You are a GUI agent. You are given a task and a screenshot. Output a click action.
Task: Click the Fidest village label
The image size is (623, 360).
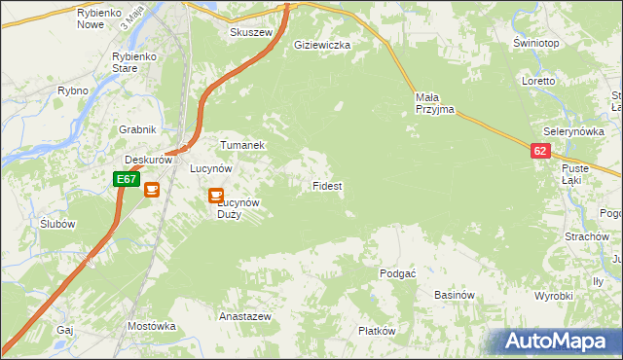click(326, 185)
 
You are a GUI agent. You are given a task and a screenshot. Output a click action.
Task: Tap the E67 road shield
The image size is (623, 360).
click(125, 179)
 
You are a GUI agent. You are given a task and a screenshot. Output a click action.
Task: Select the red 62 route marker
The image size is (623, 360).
click(541, 151)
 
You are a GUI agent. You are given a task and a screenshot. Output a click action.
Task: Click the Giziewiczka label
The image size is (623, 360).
click(322, 45)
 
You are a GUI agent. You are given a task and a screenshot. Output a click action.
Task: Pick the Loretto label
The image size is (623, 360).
click(537, 81)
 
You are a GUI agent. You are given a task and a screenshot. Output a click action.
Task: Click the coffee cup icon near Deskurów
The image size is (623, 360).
click(153, 190)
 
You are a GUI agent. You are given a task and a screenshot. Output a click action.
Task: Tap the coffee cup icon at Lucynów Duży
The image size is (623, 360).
click(216, 196)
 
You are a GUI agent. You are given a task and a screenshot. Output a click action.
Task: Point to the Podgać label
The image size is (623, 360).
click(398, 273)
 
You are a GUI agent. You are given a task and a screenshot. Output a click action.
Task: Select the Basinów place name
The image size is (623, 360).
click(454, 295)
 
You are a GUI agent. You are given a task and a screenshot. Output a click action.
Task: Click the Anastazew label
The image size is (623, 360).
click(244, 317)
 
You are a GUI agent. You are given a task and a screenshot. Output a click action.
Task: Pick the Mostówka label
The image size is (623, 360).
click(150, 326)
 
